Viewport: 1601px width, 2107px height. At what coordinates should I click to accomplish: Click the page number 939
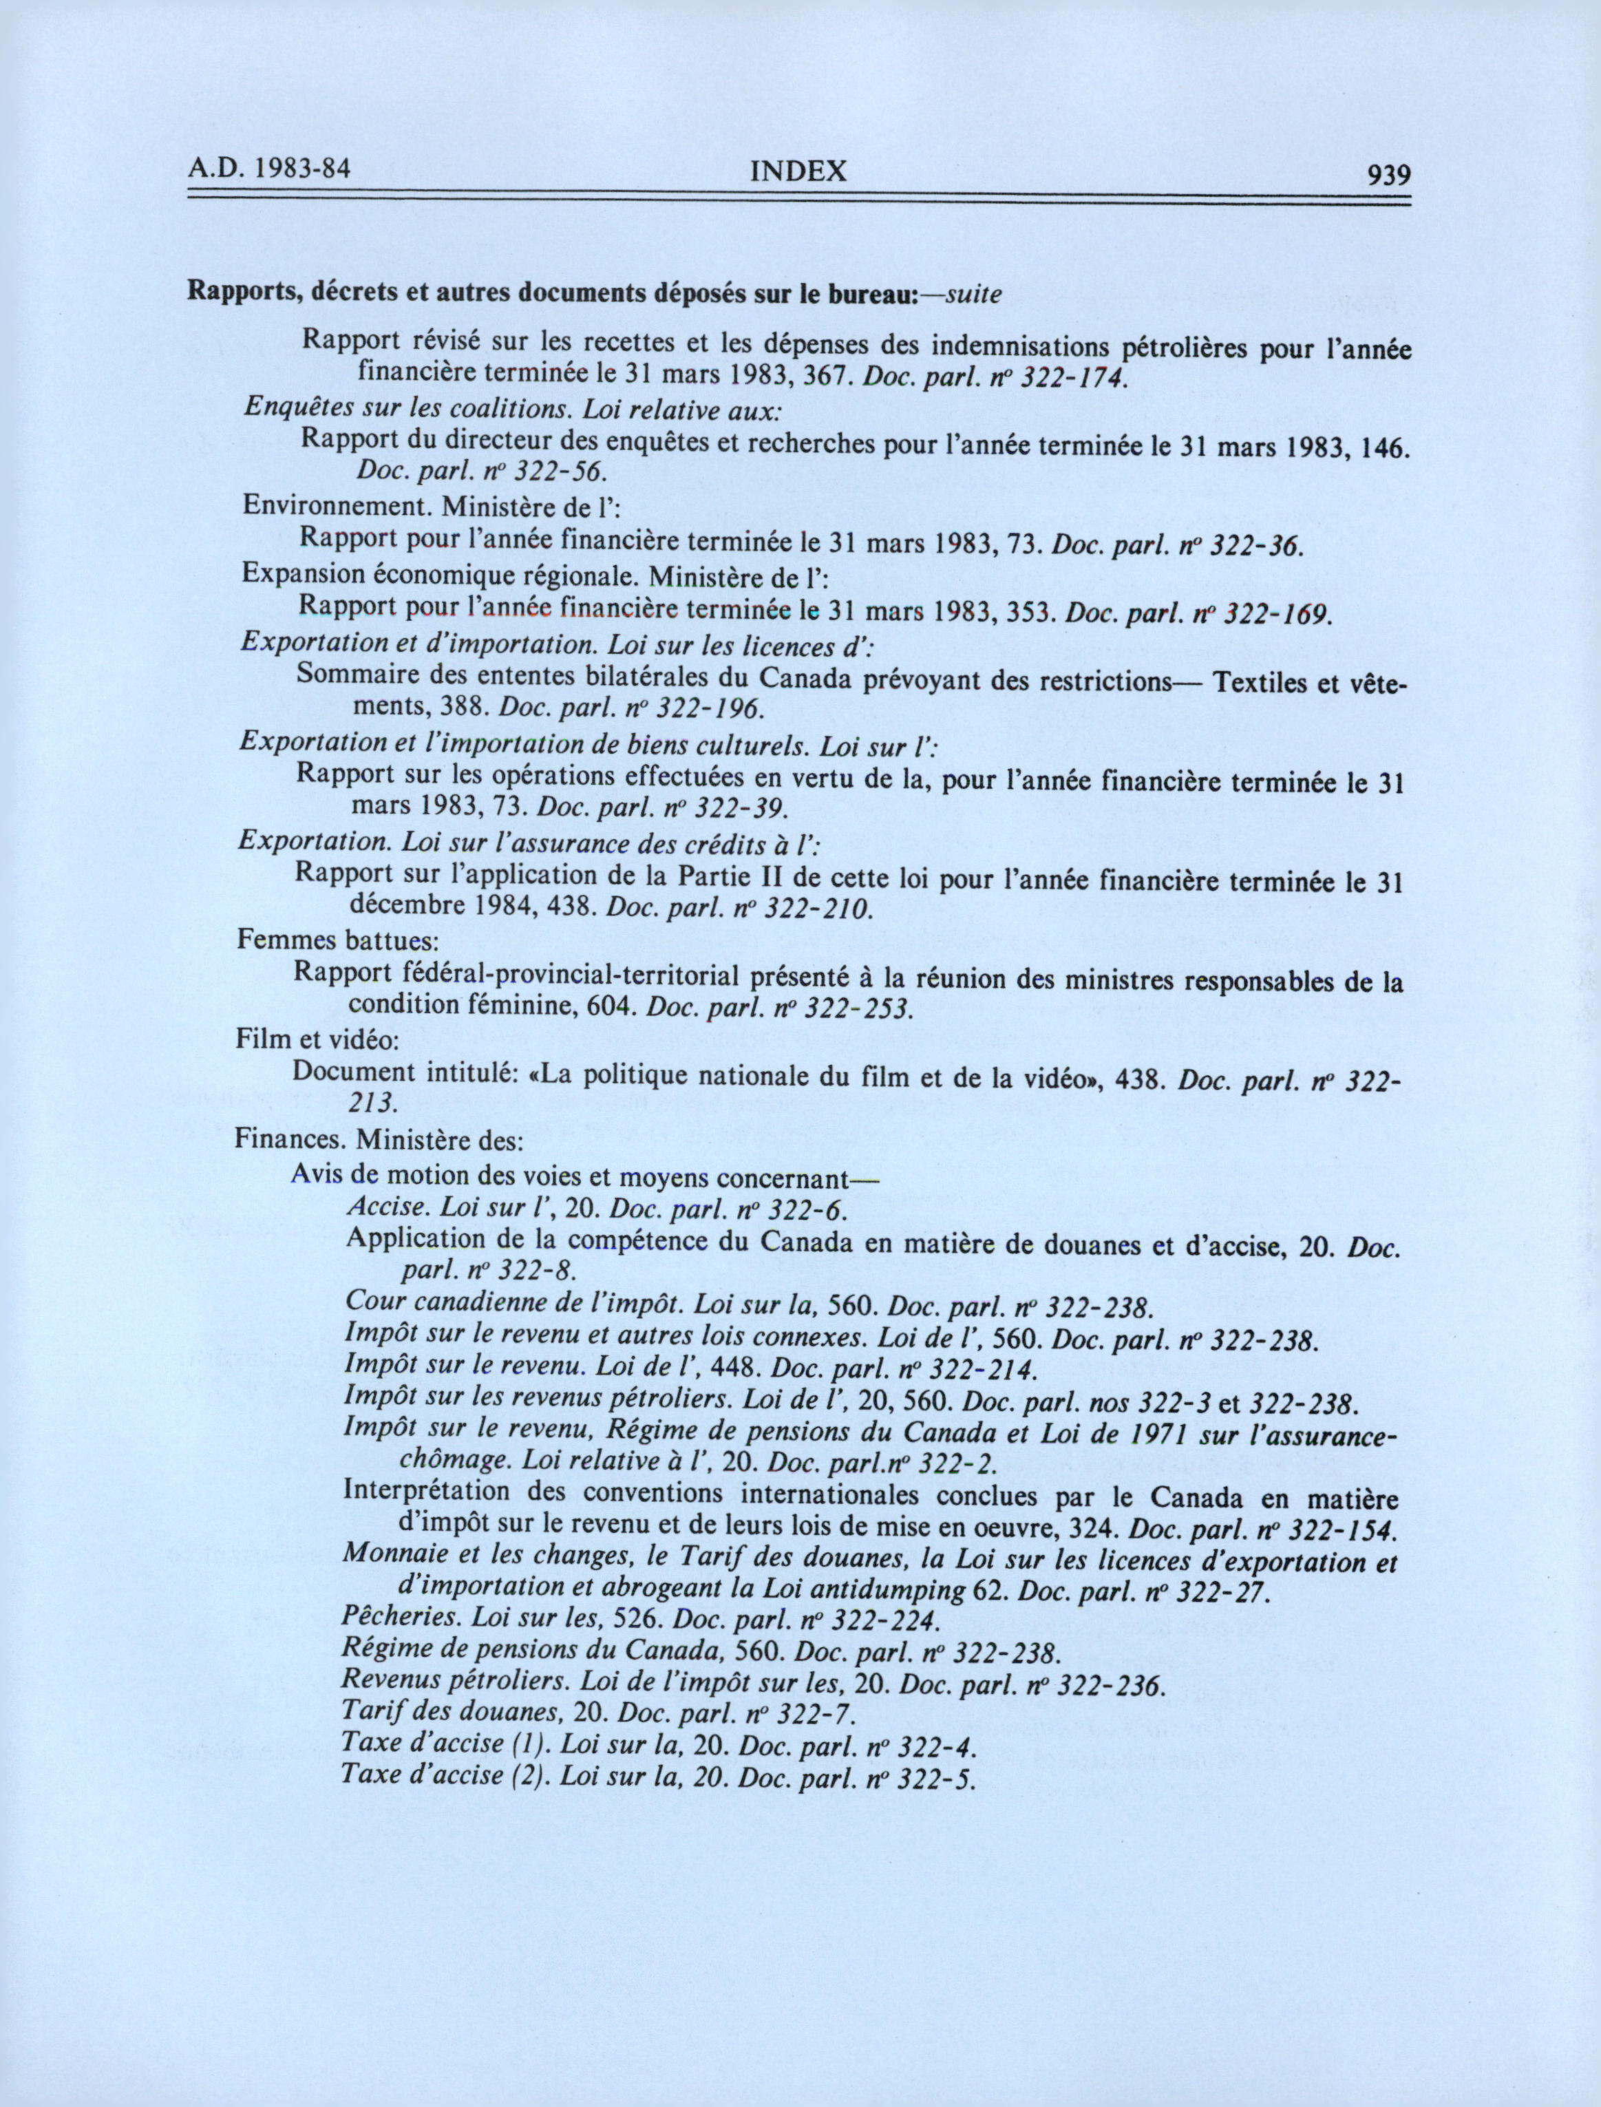pos(1388,176)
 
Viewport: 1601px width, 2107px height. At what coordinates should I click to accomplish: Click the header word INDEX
pos(798,171)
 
